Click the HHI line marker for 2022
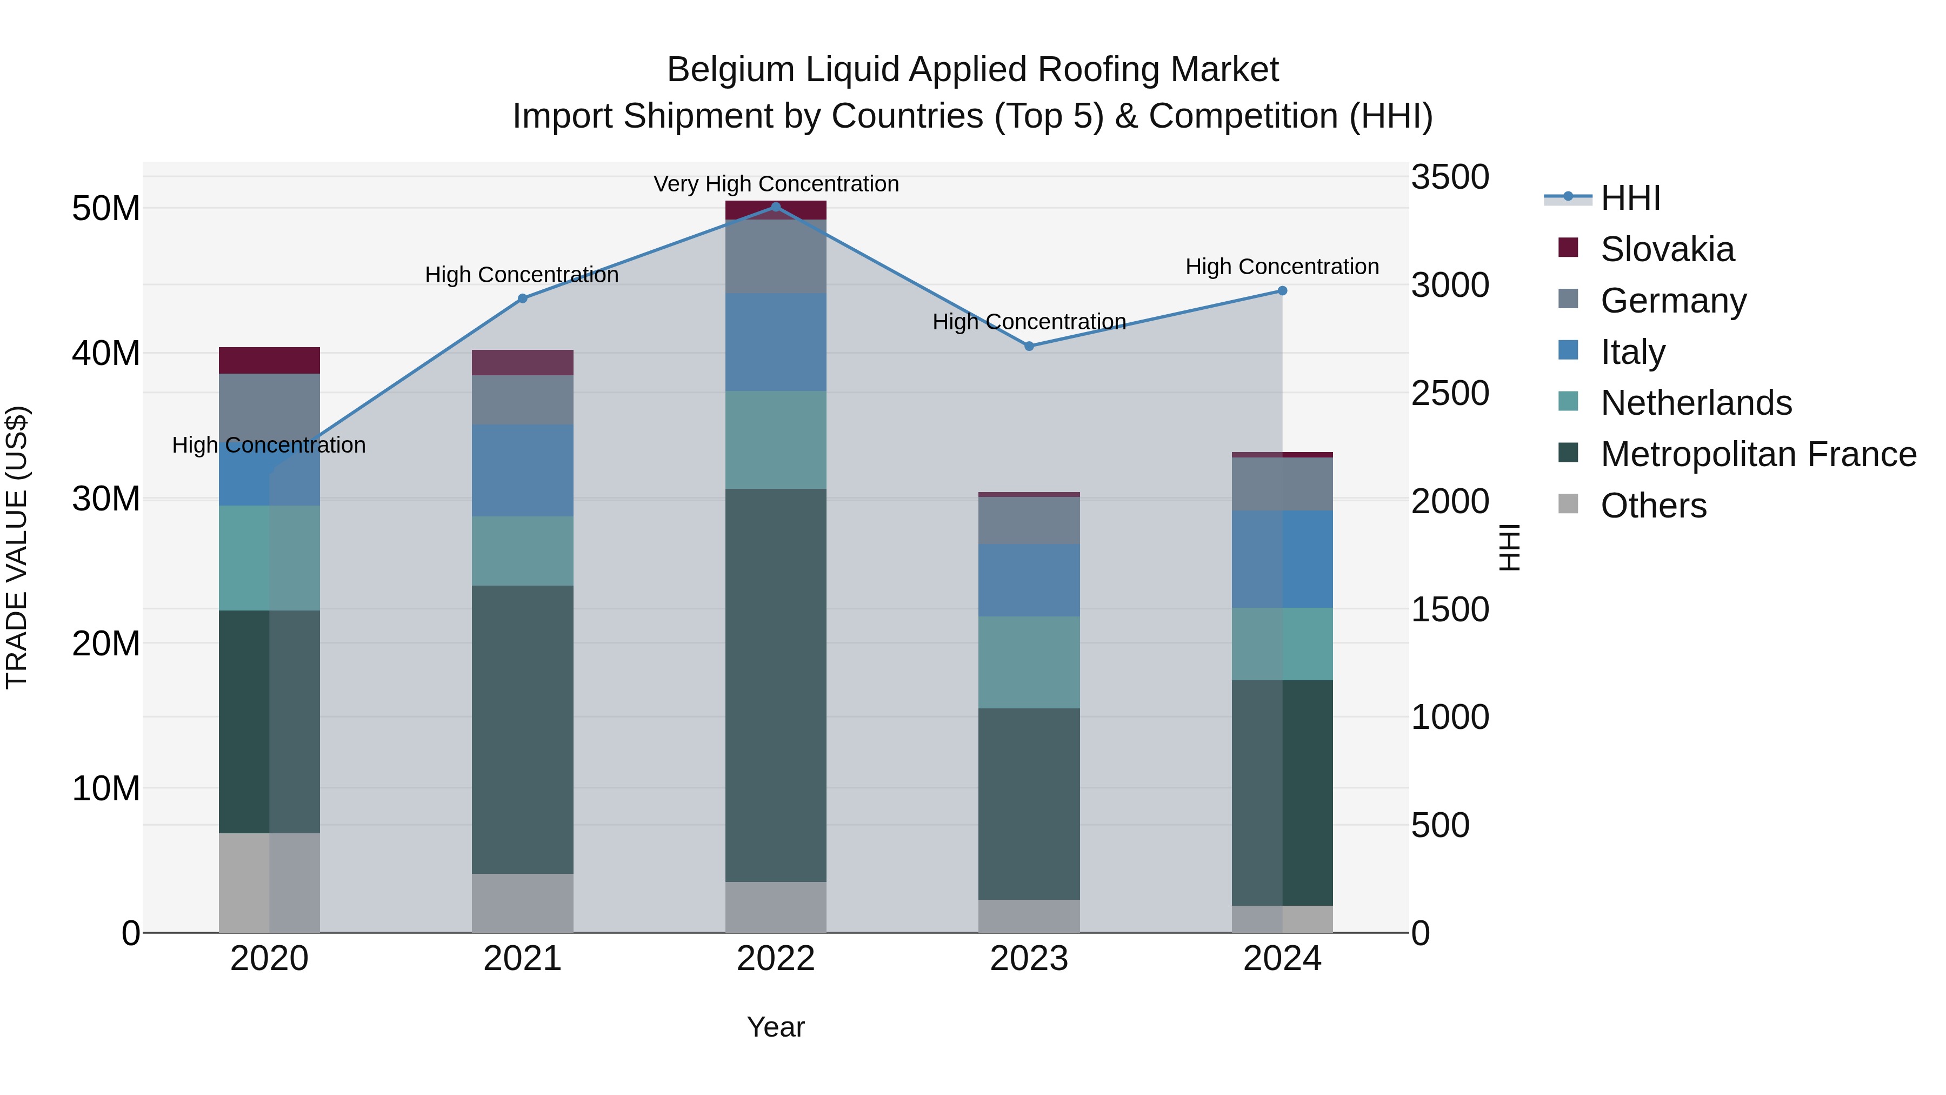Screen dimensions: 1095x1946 (775, 207)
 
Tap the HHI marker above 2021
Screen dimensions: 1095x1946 (522, 298)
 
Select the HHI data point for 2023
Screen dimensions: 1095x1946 (1029, 346)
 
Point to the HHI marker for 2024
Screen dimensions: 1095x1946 (1282, 291)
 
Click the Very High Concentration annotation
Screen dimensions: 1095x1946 (776, 184)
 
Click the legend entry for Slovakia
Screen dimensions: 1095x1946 (1667, 249)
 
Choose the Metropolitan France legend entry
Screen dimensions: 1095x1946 (1758, 454)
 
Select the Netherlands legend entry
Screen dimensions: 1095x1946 (1696, 403)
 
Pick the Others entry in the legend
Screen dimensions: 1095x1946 (1653, 506)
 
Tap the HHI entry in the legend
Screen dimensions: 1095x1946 (1630, 198)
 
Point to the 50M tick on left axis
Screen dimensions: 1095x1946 (106, 209)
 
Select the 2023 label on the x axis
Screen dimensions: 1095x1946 (1029, 959)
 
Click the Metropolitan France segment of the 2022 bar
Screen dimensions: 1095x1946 (775, 684)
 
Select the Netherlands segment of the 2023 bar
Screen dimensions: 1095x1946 (1029, 661)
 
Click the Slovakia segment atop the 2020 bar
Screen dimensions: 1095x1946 (269, 361)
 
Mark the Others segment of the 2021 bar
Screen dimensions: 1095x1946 (522, 902)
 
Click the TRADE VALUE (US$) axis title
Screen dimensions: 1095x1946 (17, 547)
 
